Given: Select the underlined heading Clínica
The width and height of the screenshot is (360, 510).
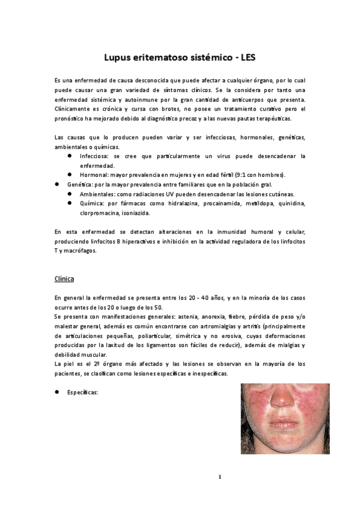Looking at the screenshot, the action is [64, 279].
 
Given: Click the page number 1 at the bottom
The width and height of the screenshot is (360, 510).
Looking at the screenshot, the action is [220, 476].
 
